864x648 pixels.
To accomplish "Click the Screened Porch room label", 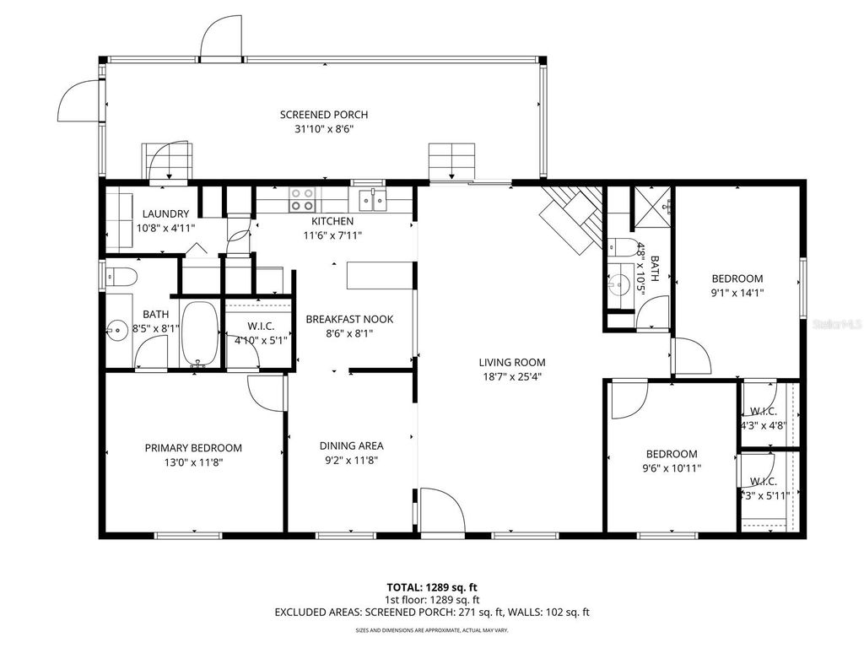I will [x=324, y=115].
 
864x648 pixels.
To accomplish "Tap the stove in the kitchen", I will [x=303, y=199].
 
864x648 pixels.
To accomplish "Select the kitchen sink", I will [x=371, y=199].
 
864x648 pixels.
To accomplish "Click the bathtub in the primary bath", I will [x=200, y=333].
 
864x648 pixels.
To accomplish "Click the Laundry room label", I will [x=165, y=214].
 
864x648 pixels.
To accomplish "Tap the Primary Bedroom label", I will [x=193, y=448].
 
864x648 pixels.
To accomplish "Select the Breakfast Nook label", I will [x=349, y=319].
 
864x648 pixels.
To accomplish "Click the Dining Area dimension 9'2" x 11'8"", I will [x=351, y=461].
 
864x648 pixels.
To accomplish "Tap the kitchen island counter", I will [x=380, y=275].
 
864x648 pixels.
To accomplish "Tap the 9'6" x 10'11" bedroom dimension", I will [x=672, y=467].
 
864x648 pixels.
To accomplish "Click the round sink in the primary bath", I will [x=116, y=328].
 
